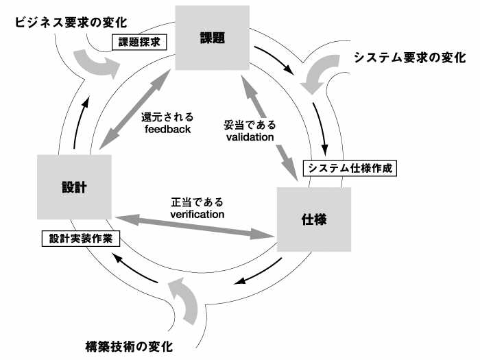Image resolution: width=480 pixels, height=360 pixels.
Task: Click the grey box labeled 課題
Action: pos(211,38)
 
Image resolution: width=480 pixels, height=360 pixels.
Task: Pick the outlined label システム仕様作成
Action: pos(350,168)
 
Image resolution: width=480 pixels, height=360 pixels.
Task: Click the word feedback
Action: pos(167,129)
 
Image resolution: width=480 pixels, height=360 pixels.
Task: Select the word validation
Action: pos(250,137)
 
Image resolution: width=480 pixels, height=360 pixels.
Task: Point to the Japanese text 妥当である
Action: pos(250,125)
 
